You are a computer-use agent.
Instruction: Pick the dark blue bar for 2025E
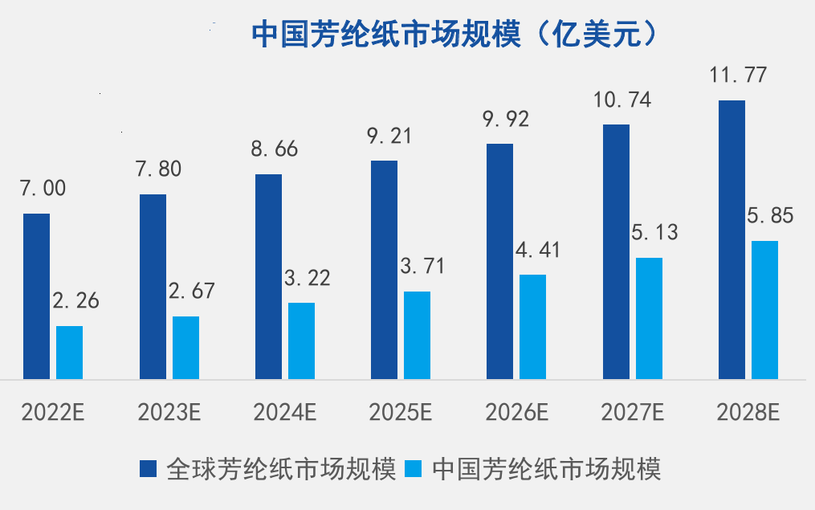384,269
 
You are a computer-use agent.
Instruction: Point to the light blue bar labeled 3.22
301,341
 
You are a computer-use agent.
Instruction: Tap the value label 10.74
621,101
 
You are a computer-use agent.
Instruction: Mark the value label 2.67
191,291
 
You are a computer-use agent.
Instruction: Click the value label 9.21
389,136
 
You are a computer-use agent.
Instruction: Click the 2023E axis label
169,414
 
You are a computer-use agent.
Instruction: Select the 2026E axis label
516,414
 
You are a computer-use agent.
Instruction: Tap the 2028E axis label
748,414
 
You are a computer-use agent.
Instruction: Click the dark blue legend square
149,468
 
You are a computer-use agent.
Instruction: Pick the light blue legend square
415,468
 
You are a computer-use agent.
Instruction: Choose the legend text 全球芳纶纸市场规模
281,469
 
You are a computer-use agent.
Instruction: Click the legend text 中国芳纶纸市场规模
547,469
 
